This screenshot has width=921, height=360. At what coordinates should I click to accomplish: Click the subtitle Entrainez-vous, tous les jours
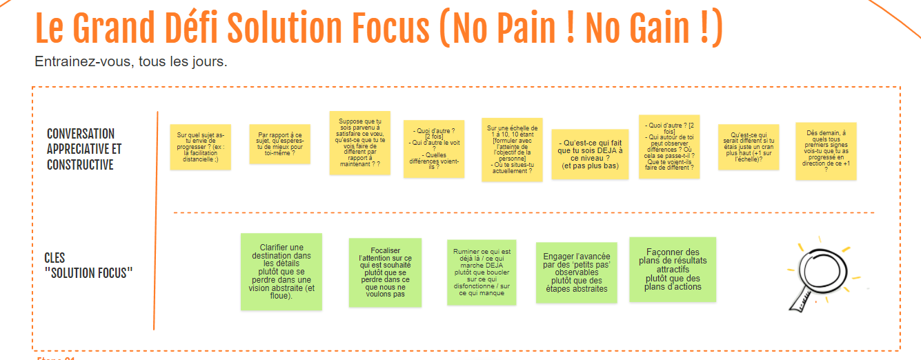[x=131, y=62]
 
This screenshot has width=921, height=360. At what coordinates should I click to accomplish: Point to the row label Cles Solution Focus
[x=88, y=266]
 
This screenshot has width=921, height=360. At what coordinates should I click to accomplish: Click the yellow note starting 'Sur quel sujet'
[x=201, y=146]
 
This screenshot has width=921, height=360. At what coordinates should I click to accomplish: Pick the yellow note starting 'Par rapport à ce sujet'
[x=279, y=143]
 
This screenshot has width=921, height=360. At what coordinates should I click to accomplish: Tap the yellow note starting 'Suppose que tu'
[x=359, y=143]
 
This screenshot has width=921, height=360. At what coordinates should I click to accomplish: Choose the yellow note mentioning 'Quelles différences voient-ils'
[x=434, y=148]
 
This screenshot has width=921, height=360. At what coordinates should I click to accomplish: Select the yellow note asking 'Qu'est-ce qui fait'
[x=590, y=154]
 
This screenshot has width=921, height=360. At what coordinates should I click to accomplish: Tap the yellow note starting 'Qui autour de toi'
[x=669, y=147]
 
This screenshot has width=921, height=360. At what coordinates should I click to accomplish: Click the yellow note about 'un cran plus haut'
[x=749, y=147]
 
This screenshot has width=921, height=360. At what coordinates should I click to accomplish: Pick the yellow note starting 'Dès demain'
[x=826, y=152]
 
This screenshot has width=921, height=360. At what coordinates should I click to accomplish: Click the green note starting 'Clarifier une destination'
[x=281, y=271]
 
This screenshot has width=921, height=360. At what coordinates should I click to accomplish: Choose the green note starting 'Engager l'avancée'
[x=576, y=272]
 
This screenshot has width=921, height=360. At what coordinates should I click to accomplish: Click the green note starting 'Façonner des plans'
[x=673, y=270]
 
